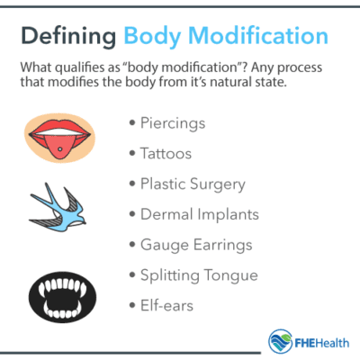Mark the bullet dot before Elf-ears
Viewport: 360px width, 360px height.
[x=135, y=306]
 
